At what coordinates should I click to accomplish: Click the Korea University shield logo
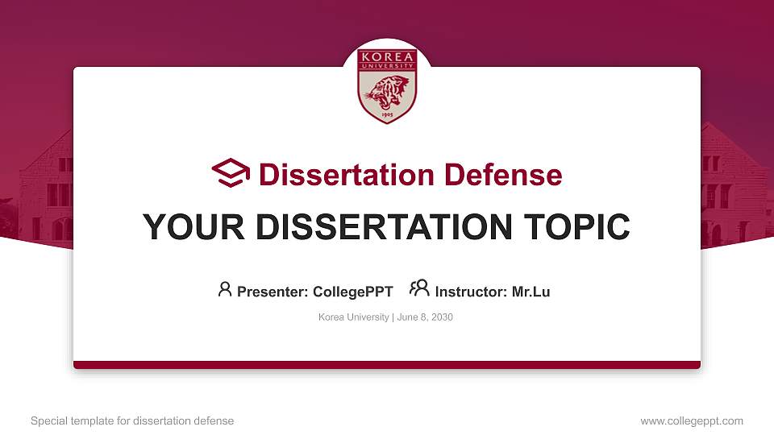click(x=387, y=85)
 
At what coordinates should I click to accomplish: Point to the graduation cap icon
click(x=231, y=173)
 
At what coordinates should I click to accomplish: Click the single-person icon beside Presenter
click(x=225, y=289)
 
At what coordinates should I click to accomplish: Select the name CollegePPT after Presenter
click(x=353, y=292)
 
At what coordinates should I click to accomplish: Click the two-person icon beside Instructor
click(x=419, y=288)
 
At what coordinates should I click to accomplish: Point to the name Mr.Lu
click(x=531, y=292)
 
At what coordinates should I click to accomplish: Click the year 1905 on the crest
click(x=387, y=115)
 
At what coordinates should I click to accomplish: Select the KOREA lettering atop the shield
click(x=387, y=57)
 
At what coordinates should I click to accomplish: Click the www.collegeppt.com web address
click(x=692, y=420)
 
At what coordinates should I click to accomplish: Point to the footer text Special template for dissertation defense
click(x=132, y=420)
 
